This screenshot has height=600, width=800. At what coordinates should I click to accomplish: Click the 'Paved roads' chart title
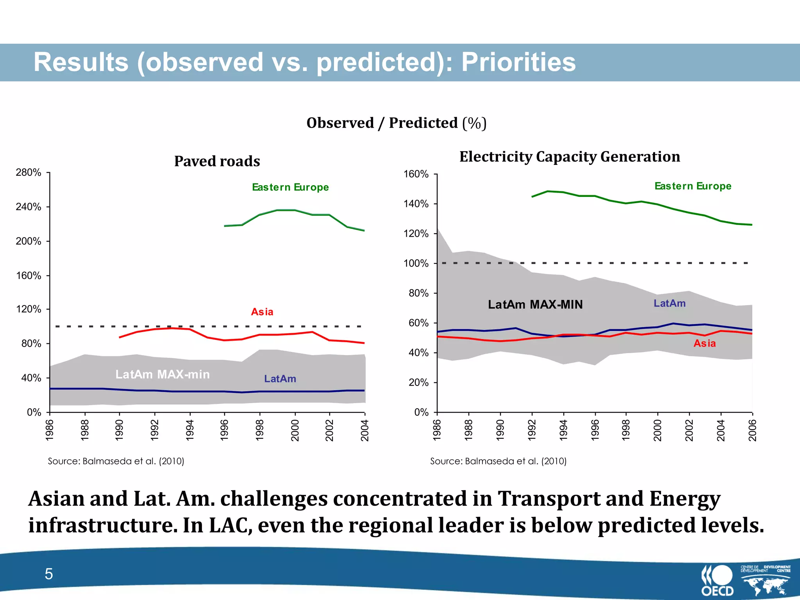click(217, 161)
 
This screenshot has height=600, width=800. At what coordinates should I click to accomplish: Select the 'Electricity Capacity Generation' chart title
click(570, 157)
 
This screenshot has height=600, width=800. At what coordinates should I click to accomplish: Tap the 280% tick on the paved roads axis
click(29, 172)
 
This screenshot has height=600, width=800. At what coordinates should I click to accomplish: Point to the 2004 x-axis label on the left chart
click(365, 430)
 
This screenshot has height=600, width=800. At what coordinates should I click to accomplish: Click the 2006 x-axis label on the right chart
click(752, 430)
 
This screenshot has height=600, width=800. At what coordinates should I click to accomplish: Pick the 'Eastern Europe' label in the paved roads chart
click(290, 187)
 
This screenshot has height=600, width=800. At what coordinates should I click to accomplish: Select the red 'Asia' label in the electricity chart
click(704, 343)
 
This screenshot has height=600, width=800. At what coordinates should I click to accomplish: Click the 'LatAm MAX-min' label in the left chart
click(162, 374)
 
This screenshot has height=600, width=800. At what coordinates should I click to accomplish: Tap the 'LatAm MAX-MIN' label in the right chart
click(535, 304)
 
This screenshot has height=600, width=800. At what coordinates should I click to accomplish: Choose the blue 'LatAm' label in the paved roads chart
click(280, 379)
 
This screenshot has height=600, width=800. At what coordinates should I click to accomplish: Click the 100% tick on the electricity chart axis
click(416, 263)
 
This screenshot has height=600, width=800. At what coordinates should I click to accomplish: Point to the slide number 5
click(49, 574)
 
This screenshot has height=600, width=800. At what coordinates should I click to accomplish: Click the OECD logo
click(717, 580)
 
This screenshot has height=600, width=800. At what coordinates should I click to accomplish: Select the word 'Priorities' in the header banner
click(518, 62)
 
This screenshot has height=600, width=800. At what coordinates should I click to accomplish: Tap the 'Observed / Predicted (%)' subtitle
click(396, 123)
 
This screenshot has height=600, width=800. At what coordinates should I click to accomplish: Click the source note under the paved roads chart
click(116, 461)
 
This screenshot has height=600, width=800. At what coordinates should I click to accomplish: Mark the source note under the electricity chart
click(498, 461)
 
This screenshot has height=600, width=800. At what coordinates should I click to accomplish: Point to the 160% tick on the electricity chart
click(416, 174)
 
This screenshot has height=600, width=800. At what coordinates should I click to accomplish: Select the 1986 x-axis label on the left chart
click(50, 430)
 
